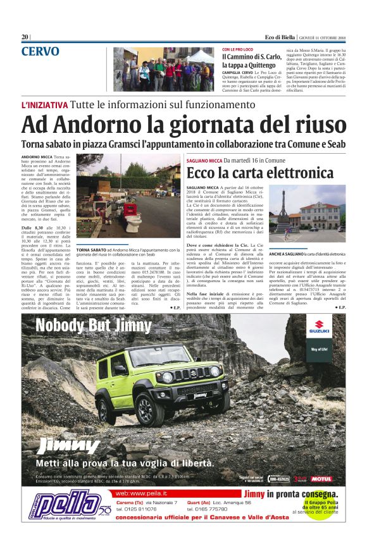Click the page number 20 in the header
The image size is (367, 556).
click(x=25, y=37)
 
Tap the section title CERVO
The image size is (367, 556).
click(x=40, y=52)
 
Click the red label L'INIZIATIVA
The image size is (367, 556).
click(x=44, y=104)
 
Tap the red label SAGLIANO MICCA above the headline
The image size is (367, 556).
click(x=204, y=161)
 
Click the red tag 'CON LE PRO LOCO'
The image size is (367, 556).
click(x=239, y=49)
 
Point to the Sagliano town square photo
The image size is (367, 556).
click(x=316, y=214)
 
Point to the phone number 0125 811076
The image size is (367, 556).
click(x=137, y=509)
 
